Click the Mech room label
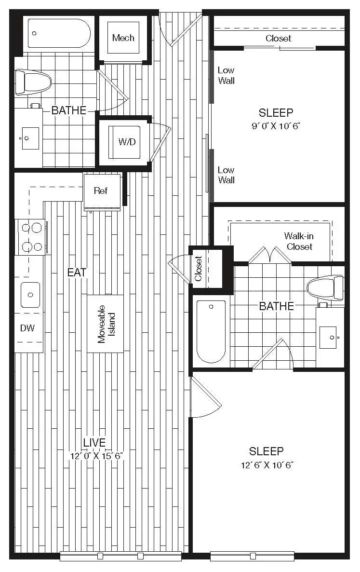pyautogui.click(x=123, y=38)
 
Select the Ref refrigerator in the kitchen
pyautogui.click(x=101, y=191)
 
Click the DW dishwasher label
pyautogui.click(x=27, y=328)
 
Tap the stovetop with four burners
pyautogui.click(x=31, y=236)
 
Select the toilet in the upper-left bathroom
pyautogui.click(x=33, y=82)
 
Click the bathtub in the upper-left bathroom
pyautogui.click(x=58, y=33)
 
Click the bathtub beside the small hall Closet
pyautogui.click(x=211, y=331)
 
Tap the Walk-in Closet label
pyautogui.click(x=298, y=241)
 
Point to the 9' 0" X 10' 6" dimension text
pyautogui.click(x=276, y=126)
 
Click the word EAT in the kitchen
pyautogui.click(x=77, y=272)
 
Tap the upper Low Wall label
pyautogui.click(x=226, y=76)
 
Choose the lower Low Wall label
pyautogui.click(x=226, y=175)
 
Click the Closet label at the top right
pyautogui.click(x=279, y=38)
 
